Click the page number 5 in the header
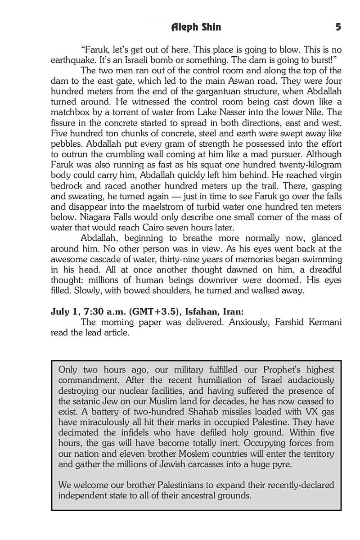click(338, 27)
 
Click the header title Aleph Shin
click(196, 27)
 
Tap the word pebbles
click(66, 145)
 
